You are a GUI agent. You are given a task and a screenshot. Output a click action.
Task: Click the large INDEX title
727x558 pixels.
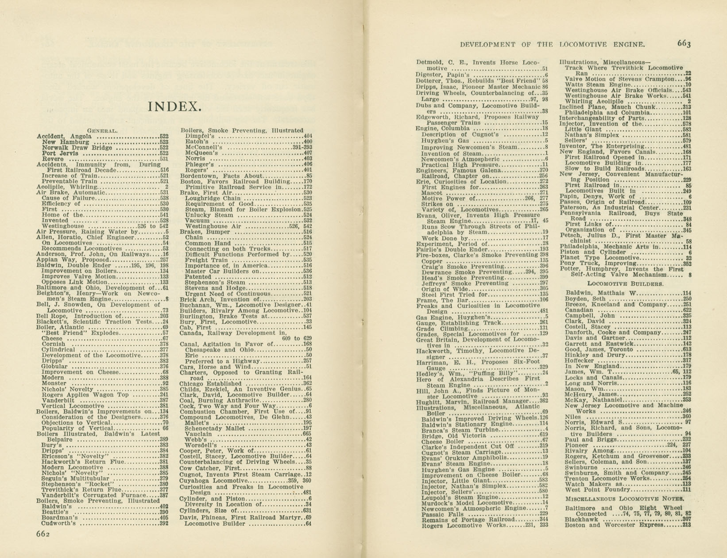click(x=174, y=107)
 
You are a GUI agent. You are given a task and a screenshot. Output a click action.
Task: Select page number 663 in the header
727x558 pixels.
click(x=684, y=43)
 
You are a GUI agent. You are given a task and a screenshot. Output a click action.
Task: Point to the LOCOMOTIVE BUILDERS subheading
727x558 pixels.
click(x=625, y=284)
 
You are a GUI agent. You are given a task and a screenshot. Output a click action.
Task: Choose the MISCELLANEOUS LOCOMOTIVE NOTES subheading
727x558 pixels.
click(x=625, y=499)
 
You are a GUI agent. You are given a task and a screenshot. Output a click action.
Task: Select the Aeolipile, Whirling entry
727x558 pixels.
click(x=66, y=187)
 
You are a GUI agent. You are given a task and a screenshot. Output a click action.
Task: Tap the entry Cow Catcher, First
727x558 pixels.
click(x=210, y=468)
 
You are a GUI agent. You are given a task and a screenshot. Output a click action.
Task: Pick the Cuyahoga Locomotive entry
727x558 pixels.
click(x=211, y=481)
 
